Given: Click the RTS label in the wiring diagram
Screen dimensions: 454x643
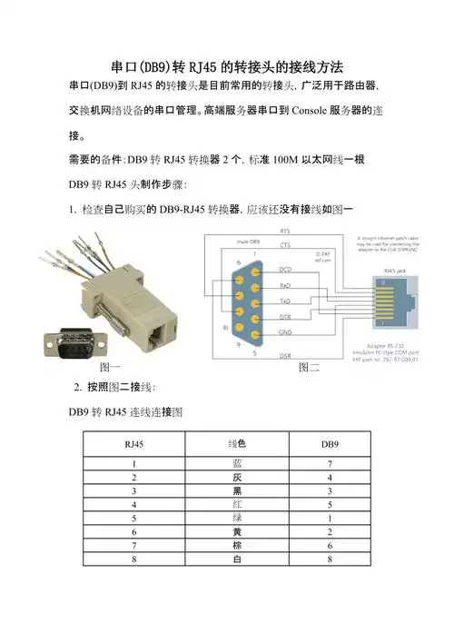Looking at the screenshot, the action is [x=285, y=232].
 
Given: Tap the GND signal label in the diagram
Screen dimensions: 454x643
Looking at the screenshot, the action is [x=285, y=332].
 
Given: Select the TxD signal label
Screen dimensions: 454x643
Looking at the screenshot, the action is [x=285, y=300].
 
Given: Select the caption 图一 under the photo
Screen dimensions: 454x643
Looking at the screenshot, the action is [x=110, y=368].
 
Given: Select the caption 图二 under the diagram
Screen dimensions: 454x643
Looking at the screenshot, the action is [x=309, y=369].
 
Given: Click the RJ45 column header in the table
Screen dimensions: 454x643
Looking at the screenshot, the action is [x=133, y=444].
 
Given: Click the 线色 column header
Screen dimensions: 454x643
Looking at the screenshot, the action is [x=236, y=444].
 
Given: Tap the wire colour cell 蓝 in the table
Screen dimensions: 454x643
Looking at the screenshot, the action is [x=236, y=464].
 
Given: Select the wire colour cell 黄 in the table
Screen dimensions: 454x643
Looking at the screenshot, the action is [x=236, y=530].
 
